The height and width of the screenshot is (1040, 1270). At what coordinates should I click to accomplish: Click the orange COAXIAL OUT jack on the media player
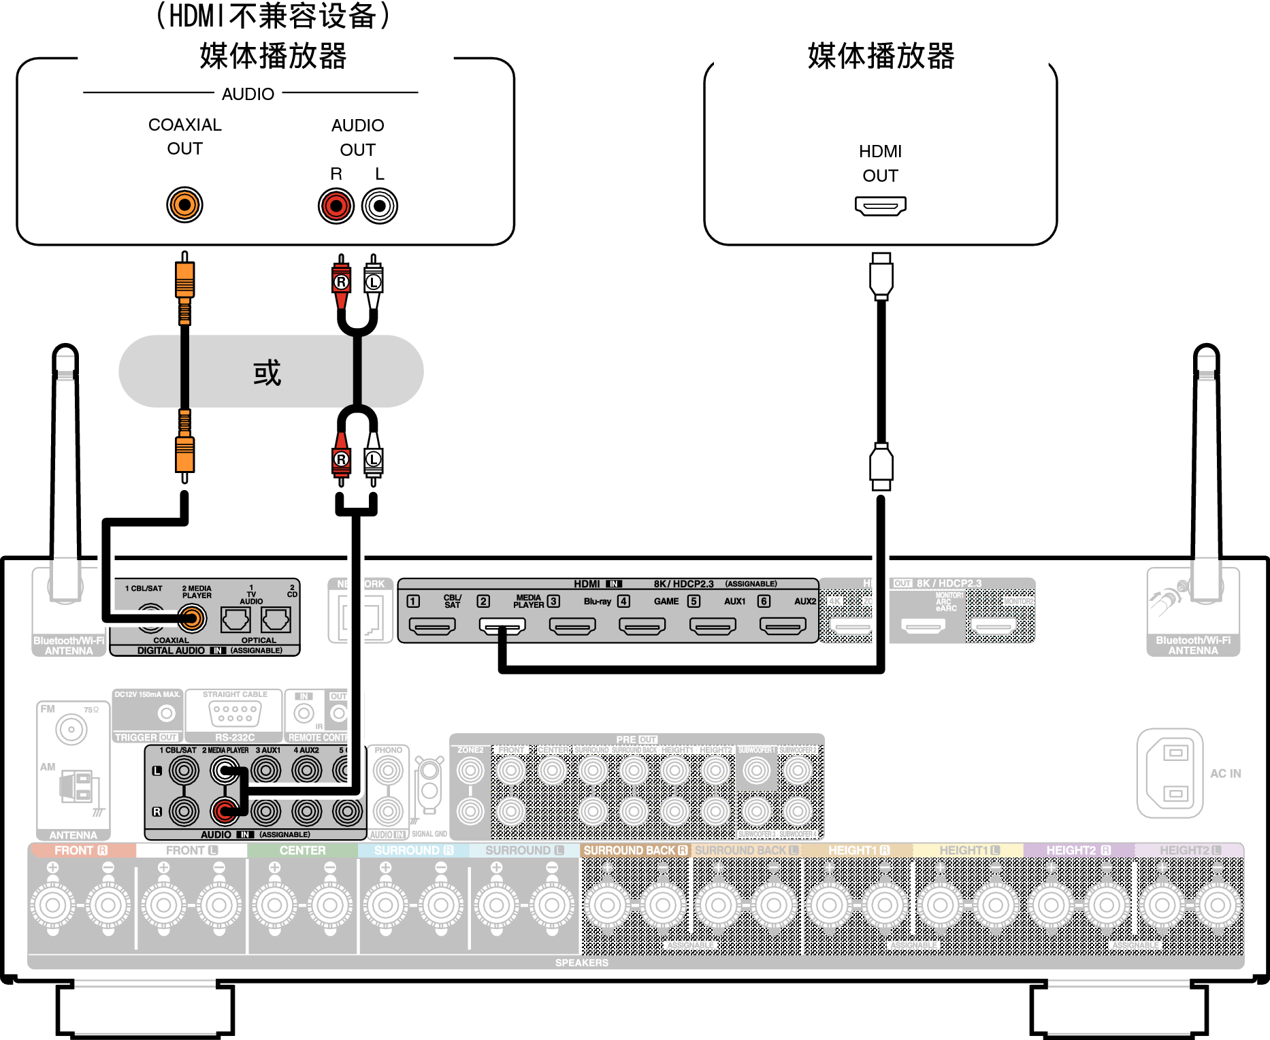coord(184,205)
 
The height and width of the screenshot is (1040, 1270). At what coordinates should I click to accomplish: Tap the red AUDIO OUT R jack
coord(336,206)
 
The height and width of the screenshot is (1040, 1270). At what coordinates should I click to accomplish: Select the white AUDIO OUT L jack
coord(380,206)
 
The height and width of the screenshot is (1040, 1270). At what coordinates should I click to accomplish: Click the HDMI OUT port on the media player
coord(880,206)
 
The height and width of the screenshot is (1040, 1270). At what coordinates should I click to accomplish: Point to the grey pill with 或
coord(271,372)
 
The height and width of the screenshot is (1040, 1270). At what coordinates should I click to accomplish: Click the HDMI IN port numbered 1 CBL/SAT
coord(432,625)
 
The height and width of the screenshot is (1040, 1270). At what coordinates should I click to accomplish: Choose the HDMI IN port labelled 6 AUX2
coord(783,625)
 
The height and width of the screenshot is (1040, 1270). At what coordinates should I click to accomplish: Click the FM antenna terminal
coord(71,730)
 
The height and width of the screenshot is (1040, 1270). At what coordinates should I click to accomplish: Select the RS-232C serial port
coord(234,713)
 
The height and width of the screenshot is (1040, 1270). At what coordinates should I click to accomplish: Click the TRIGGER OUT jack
coord(166,713)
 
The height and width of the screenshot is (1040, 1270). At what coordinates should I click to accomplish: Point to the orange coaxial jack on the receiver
coord(192,619)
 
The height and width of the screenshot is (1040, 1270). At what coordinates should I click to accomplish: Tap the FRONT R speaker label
coord(81,851)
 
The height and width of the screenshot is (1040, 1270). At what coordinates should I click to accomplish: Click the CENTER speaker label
coord(302,851)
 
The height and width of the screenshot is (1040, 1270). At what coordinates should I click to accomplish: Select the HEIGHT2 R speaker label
coord(1078,851)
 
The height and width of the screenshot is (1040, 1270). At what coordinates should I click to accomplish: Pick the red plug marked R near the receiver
coord(341,460)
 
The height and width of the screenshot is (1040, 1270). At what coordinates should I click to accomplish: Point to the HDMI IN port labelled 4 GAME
coord(642,625)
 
